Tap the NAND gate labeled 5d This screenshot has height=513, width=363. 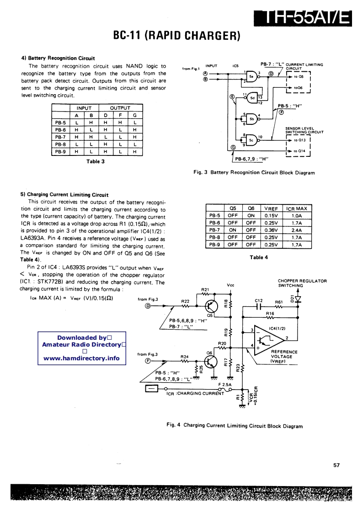[252, 97]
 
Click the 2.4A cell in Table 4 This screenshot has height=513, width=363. [296, 230]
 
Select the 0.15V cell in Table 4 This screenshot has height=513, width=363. [271, 215]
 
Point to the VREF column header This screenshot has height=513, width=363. [271, 208]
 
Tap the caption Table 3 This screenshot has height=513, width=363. [96, 161]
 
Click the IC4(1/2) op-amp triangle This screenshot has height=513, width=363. [267, 338]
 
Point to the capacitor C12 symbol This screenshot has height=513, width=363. [258, 307]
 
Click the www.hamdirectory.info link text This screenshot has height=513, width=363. [81, 358]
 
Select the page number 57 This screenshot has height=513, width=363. [336, 465]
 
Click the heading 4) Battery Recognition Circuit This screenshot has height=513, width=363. [58, 58]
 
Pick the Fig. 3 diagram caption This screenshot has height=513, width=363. [254, 173]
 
